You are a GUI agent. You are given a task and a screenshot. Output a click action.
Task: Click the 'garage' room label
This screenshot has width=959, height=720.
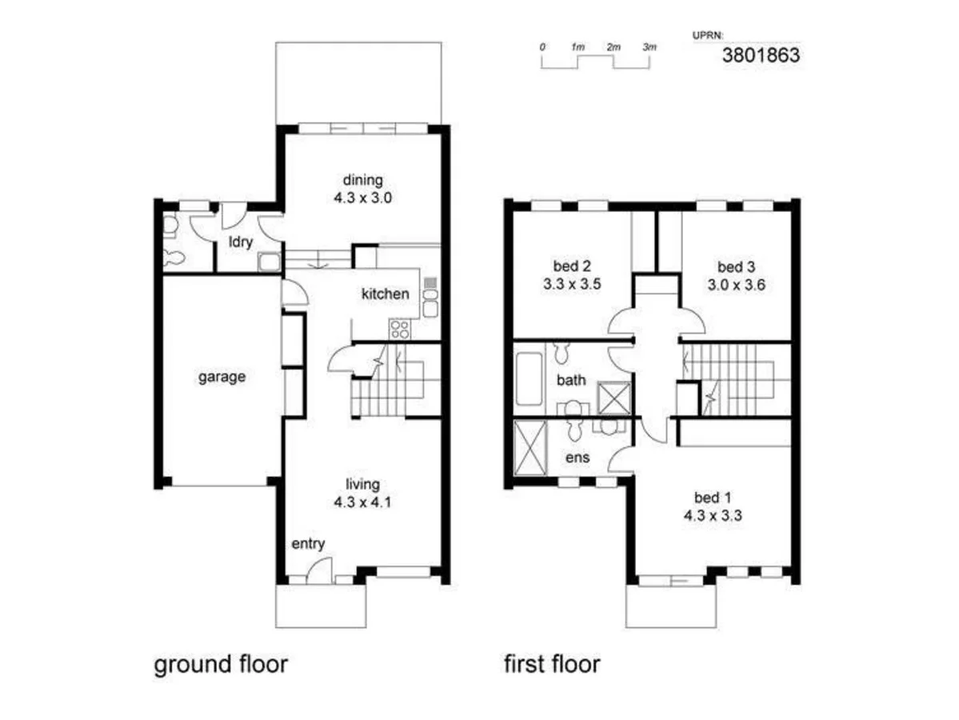(222, 377)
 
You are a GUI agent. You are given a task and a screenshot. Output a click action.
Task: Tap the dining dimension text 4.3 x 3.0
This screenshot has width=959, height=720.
(362, 198)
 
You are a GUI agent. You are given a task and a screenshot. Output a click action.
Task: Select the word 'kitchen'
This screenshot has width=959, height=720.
(386, 294)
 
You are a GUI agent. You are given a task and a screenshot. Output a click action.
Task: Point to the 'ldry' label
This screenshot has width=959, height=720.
(241, 242)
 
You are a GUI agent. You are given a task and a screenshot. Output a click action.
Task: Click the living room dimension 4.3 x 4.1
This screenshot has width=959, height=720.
(362, 502)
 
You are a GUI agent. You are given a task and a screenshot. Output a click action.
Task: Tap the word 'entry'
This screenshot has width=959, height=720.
(308, 544)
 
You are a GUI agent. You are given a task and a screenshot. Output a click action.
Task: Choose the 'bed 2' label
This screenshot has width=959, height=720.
(572, 266)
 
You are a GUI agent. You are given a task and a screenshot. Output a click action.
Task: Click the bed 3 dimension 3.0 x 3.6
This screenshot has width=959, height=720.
(737, 285)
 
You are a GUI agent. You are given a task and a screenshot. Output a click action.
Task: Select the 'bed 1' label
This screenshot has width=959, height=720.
(713, 498)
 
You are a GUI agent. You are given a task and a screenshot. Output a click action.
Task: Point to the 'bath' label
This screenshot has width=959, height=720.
(571, 380)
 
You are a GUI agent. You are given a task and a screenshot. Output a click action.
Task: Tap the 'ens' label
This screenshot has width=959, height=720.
(577, 458)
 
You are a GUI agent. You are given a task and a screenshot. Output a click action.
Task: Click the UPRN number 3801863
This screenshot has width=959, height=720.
(761, 55)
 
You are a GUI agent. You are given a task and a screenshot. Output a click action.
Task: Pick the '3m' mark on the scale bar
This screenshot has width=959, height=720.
(649, 47)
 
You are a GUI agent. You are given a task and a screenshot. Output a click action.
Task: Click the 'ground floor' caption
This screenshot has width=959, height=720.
(221, 665)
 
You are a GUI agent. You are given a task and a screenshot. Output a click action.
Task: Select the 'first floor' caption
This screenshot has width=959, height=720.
(552, 664)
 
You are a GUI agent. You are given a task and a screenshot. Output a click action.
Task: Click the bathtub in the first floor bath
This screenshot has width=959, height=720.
(529, 378)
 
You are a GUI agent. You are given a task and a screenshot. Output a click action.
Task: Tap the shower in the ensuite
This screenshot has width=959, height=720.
(530, 448)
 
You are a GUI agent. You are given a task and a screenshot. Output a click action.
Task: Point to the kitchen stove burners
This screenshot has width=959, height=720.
(400, 329)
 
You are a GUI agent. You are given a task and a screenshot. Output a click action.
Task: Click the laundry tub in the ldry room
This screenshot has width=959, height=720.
(269, 262)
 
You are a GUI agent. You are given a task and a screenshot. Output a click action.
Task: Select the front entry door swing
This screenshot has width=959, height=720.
(318, 570)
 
